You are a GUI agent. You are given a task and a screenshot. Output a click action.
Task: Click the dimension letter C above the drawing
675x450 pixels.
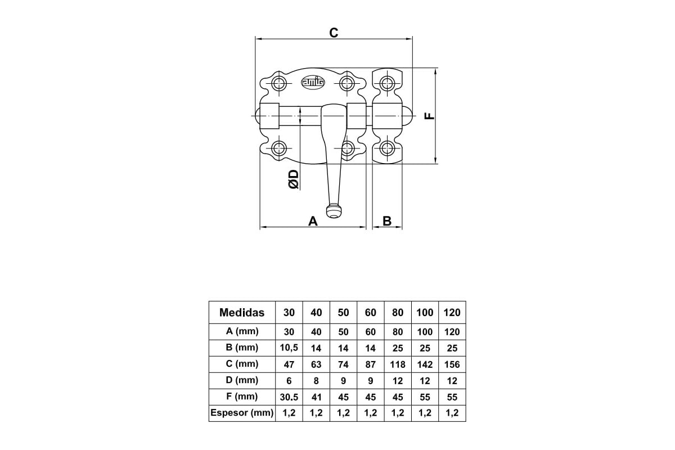tap(334, 33)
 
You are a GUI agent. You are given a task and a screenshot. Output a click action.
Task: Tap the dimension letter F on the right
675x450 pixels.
tap(429, 116)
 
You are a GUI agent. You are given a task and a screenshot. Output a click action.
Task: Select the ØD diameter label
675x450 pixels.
tap(294, 179)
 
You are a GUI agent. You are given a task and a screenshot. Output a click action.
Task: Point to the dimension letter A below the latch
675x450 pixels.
tap(313, 221)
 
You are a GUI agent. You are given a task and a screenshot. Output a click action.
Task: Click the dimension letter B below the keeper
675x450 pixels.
tap(387, 221)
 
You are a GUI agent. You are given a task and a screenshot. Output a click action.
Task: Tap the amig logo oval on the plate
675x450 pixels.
tap(313, 82)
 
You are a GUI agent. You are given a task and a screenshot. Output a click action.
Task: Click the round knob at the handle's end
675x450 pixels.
tap(334, 211)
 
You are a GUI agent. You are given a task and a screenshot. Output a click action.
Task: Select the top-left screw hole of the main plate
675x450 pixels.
tap(279, 83)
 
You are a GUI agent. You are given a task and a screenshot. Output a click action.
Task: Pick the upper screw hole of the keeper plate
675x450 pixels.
tap(387, 83)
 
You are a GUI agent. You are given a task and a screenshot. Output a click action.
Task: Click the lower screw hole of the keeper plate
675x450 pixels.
tap(387, 148)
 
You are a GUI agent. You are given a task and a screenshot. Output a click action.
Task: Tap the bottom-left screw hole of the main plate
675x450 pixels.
tap(279, 148)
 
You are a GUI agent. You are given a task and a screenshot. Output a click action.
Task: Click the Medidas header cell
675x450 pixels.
tap(242, 313)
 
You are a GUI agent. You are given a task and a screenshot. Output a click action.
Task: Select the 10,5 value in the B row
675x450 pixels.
tap(289, 348)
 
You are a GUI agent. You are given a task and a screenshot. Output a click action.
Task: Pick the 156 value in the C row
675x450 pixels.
tap(452, 364)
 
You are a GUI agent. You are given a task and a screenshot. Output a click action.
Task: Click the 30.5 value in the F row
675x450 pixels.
tap(289, 397)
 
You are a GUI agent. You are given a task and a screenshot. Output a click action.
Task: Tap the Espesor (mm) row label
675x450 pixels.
tap(242, 413)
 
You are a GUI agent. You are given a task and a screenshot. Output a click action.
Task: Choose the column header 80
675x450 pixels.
tap(398, 313)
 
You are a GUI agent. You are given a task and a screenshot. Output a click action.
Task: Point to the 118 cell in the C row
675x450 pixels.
tap(398, 364)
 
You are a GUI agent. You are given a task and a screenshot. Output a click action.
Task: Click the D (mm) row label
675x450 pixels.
tap(242, 380)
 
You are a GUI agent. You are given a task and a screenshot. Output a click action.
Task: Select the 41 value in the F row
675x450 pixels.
tap(316, 397)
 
